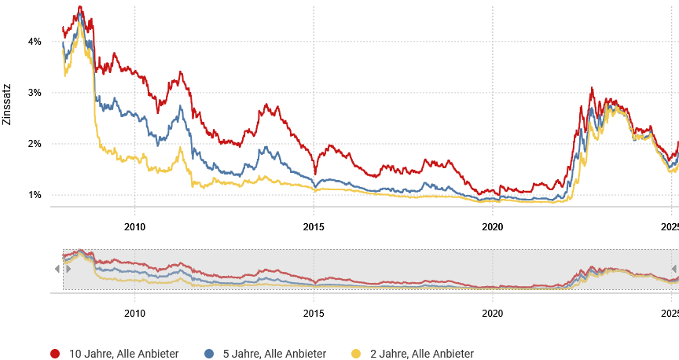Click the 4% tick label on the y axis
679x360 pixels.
click(35, 41)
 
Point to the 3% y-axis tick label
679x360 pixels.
click(35, 93)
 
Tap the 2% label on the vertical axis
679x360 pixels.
click(35, 144)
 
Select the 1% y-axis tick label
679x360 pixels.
click(35, 195)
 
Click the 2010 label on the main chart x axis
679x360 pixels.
click(134, 227)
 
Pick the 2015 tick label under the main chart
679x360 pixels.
click(314, 227)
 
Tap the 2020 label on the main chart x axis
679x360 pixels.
click(492, 227)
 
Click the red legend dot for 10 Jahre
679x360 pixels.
click(55, 354)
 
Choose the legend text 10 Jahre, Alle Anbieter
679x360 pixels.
click(124, 354)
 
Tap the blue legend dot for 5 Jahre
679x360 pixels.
click(208, 354)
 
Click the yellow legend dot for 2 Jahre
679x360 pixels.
click(355, 354)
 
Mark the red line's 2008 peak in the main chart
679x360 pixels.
click(80, 7)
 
